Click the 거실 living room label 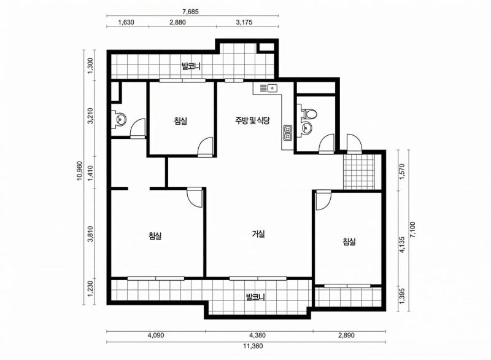(258, 233)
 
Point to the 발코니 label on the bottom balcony (255, 298)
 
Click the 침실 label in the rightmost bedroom (349, 242)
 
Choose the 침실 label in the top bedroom (181, 121)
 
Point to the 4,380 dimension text (258, 336)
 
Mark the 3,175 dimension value (247, 22)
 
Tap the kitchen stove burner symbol (287, 131)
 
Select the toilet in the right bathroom (310, 113)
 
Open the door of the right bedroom (323, 199)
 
